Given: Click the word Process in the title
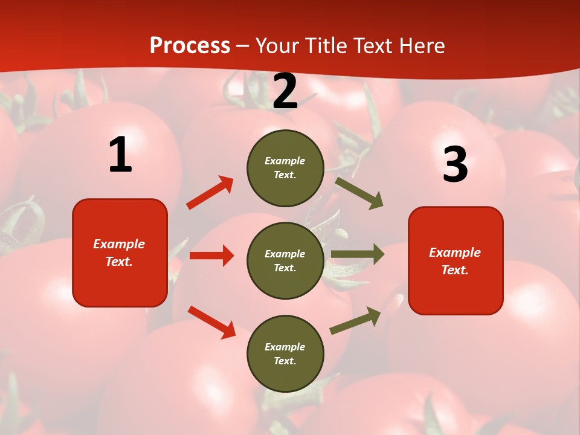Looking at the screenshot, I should tap(190, 46).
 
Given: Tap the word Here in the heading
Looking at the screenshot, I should tap(421, 46).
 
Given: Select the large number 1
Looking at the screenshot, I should tap(120, 155).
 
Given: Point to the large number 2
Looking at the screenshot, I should tap(285, 91).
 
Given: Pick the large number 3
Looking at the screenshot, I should tap(455, 164).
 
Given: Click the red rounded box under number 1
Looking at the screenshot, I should tap(120, 253).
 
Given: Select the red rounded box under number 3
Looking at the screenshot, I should tap(456, 261).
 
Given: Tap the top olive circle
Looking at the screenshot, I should tap(285, 168).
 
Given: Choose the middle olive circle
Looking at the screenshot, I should tap(285, 261).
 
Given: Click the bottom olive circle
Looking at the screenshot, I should tap(285, 354).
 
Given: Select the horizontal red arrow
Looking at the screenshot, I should tap(211, 256).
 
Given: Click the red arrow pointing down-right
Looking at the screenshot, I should tap(211, 322).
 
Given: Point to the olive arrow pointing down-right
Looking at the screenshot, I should tap(359, 193).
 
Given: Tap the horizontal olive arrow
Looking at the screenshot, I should tap(358, 254).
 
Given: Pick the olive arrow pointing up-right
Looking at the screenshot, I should tap(356, 320).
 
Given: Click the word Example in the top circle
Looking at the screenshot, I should tap(285, 161).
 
